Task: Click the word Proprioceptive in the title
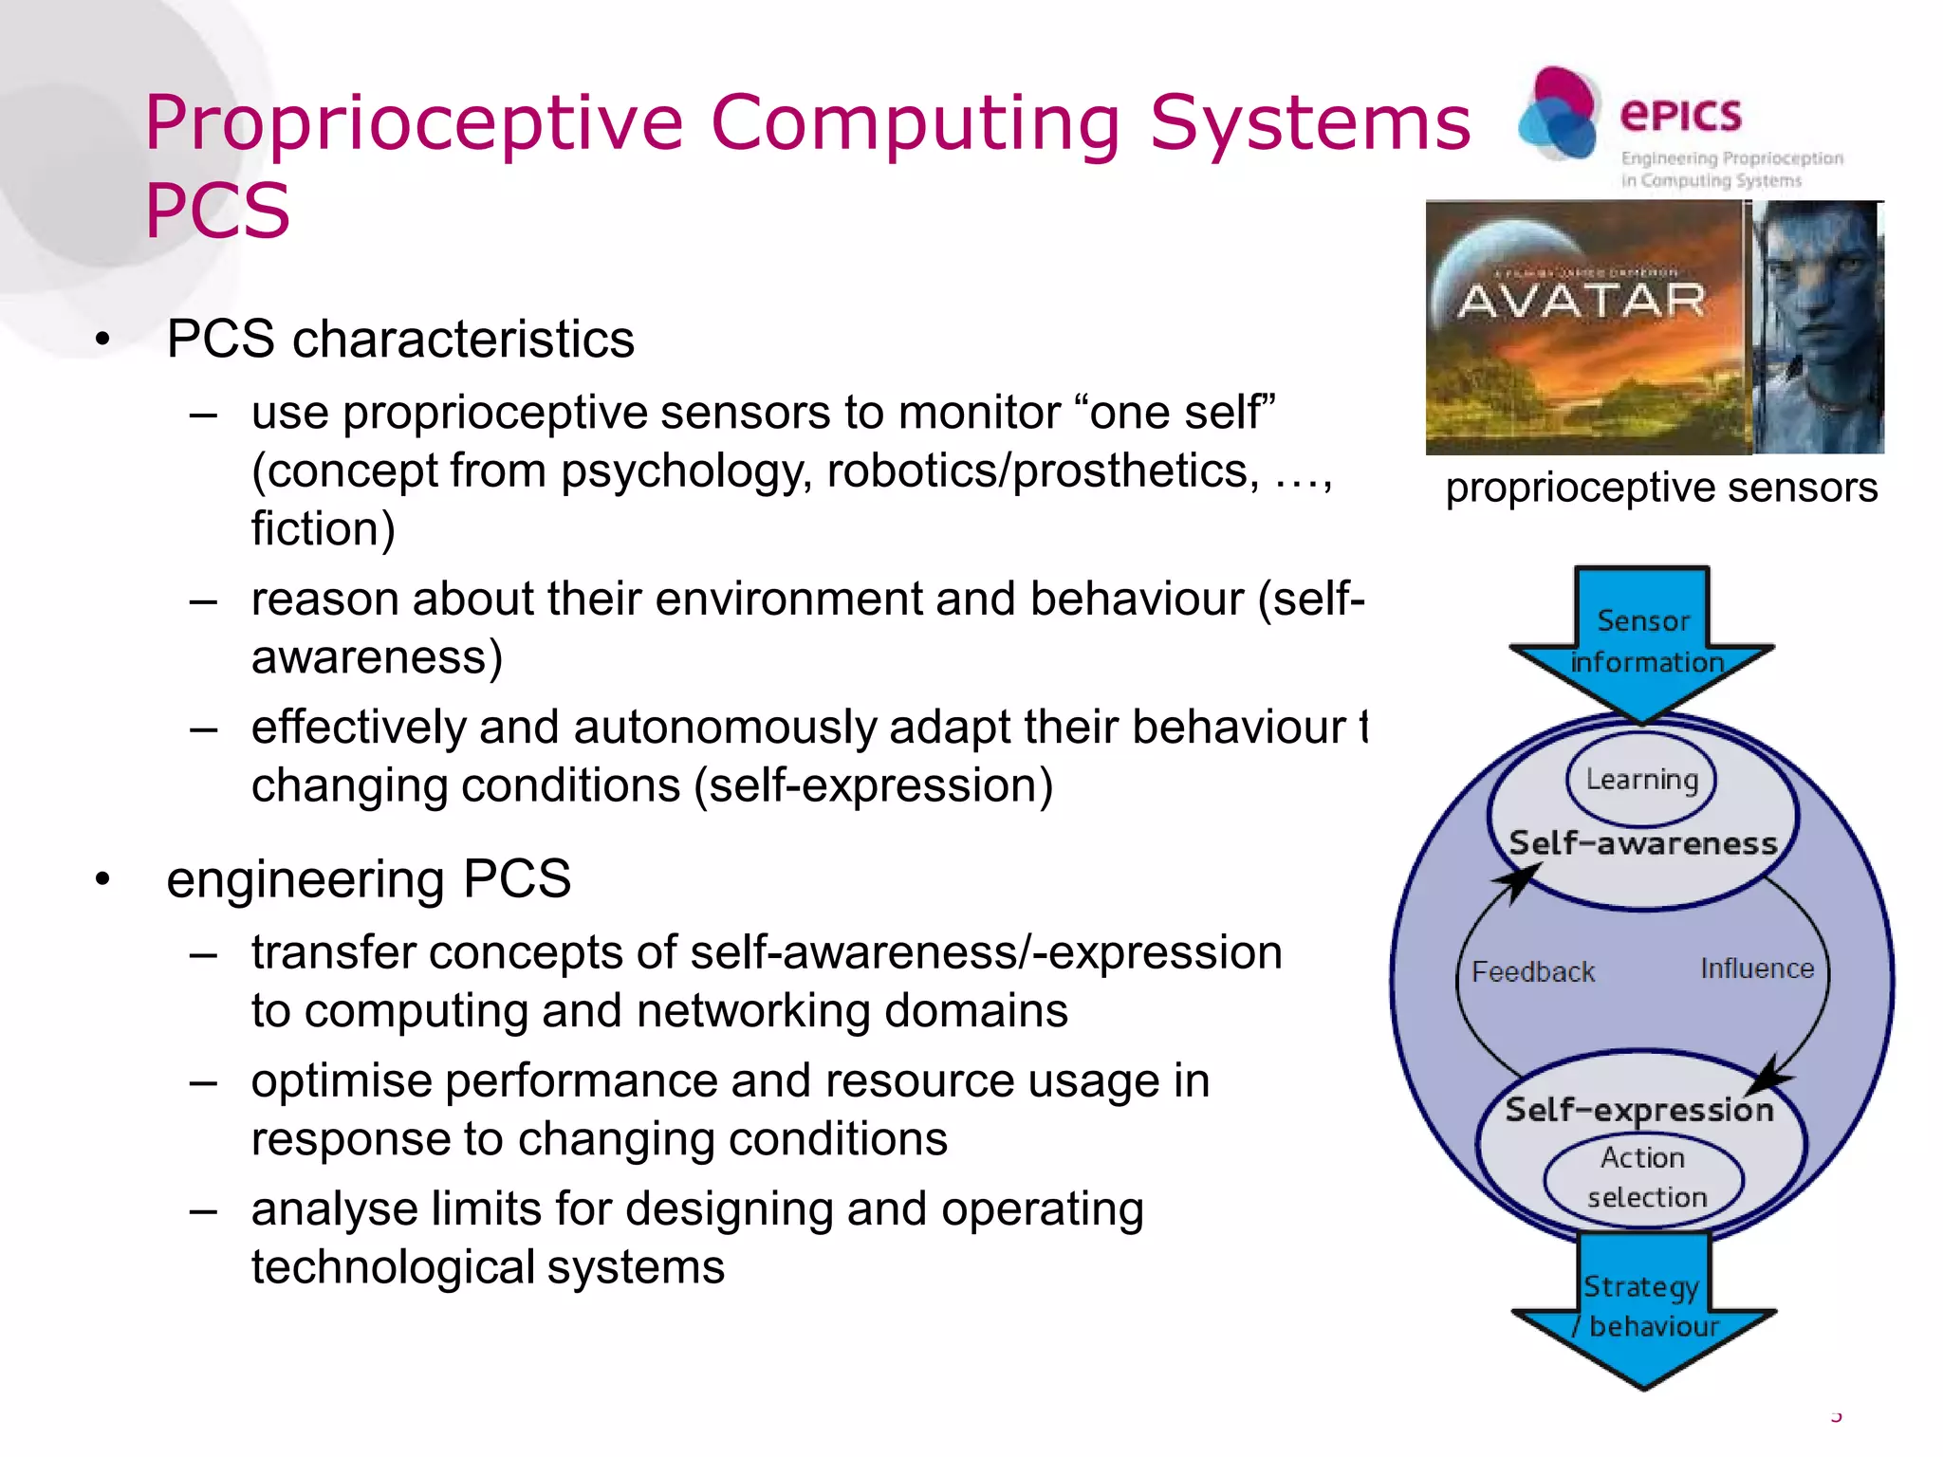coord(414,123)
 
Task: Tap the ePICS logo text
coord(1680,116)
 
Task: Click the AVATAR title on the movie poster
coord(1582,302)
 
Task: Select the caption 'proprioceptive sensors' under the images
coord(1660,488)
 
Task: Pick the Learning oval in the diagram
coord(1641,780)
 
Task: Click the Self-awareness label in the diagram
coord(1642,843)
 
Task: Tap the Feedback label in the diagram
coord(1533,972)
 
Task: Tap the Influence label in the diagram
coord(1756,968)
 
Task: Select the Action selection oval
coord(1645,1177)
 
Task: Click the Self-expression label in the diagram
coord(1639,1110)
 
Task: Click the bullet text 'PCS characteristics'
coord(400,340)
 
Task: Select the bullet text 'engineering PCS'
coord(368,878)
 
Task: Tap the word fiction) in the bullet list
coord(323,529)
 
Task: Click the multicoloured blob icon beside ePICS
coord(1558,114)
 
